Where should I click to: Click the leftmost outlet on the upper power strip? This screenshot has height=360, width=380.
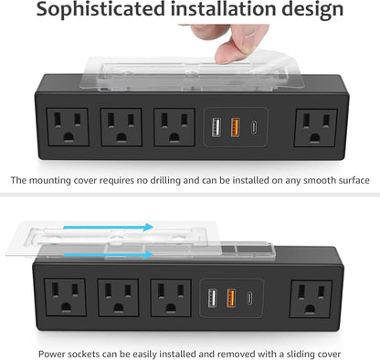click(68, 127)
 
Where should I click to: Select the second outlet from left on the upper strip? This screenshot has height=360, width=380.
click(121, 127)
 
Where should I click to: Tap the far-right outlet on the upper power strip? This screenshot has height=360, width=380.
click(314, 127)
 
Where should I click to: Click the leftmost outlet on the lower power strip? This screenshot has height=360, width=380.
click(69, 299)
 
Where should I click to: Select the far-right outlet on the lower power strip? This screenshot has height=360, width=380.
click(314, 299)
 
